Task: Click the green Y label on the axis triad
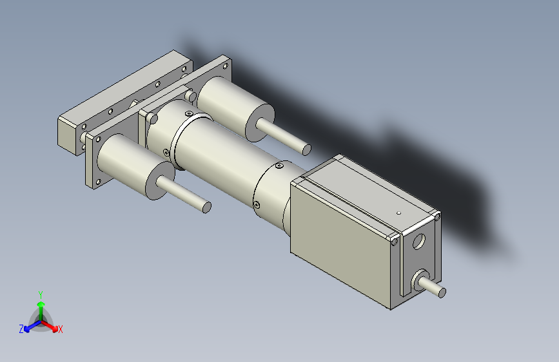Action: [x=40, y=293]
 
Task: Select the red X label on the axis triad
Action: [x=61, y=330]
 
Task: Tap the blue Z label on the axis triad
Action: [x=21, y=329]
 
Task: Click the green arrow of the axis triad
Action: [x=41, y=308]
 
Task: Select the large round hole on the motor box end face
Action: [x=418, y=243]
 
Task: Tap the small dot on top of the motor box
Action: [x=399, y=212]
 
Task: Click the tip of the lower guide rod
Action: [x=206, y=207]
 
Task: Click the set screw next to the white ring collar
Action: [x=167, y=153]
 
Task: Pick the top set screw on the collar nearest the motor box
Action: [x=279, y=167]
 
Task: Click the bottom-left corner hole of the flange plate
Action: [x=92, y=183]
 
